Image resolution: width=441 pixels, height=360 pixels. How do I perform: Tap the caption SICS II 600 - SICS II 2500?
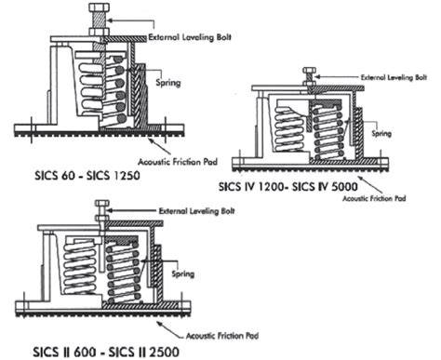89,352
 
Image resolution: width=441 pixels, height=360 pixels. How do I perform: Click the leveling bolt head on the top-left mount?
98,11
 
